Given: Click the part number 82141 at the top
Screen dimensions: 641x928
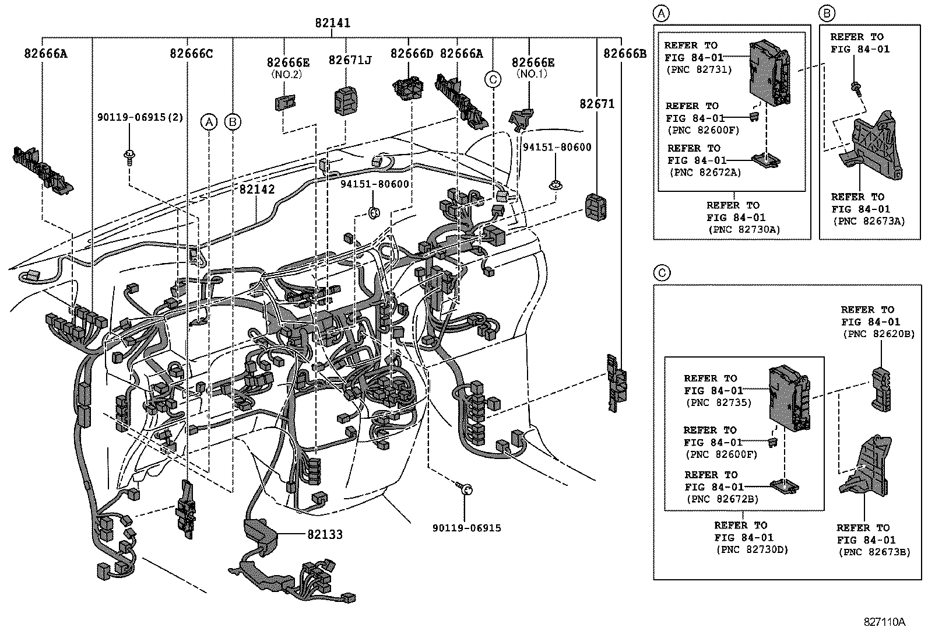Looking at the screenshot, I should [332, 23].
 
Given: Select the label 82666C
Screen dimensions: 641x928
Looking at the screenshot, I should [191, 53].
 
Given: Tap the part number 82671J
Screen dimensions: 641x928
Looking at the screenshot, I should [350, 60].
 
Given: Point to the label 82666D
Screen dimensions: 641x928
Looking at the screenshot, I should [412, 53].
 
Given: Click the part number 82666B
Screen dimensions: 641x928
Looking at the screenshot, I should [625, 53].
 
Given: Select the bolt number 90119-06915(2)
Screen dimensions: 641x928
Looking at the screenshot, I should [140, 117].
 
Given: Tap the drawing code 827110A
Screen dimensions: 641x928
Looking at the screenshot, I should [884, 622].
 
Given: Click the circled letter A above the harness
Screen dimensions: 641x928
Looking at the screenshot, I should [209, 121].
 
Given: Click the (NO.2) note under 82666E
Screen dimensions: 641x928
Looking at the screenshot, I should [286, 74].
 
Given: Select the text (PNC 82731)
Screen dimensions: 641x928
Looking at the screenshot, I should [698, 69].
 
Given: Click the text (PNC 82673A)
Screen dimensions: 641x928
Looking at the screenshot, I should [869, 220].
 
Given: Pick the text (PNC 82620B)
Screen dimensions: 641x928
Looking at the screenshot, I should [877, 334].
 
